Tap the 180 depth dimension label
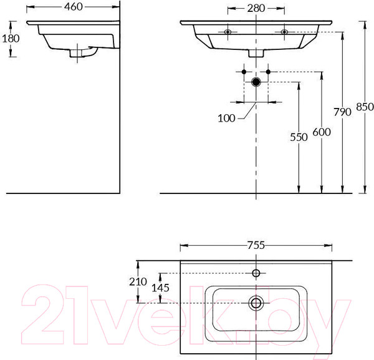point(11,38)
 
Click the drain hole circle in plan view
point(256,303)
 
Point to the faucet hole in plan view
point(256,273)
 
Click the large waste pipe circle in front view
point(256,82)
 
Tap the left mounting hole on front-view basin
point(228,32)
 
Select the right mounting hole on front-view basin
point(284,32)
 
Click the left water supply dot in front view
point(243,72)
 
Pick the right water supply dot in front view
point(268,72)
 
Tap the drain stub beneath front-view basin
point(256,54)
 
